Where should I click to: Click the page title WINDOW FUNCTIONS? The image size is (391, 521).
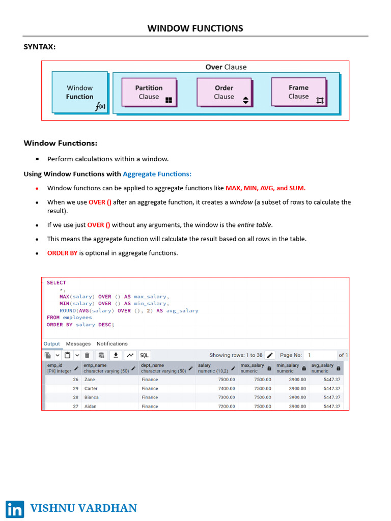tap(195, 28)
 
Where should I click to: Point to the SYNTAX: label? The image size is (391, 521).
tap(40, 47)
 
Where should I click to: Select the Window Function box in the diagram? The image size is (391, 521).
tap(80, 92)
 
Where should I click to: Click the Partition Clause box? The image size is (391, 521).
tap(149, 92)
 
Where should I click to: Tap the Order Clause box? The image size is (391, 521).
tap(224, 92)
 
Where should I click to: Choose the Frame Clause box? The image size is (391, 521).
tap(298, 92)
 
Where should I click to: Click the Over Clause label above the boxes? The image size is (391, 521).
tap(226, 67)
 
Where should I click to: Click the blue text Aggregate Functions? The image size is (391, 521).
tap(157, 174)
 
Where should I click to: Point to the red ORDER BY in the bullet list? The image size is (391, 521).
tap(62, 253)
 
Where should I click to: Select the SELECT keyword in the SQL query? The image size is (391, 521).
tap(56, 282)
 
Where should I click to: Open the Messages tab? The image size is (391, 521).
tap(78, 344)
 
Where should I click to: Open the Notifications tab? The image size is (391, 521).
tap(112, 344)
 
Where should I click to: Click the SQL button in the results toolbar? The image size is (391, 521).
tap(144, 355)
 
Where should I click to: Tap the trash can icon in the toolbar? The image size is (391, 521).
tap(87, 355)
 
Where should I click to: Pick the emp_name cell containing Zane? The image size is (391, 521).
tap(89, 380)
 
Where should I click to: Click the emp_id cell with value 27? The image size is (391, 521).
tap(75, 407)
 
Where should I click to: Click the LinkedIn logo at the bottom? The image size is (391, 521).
tap(15, 509)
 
